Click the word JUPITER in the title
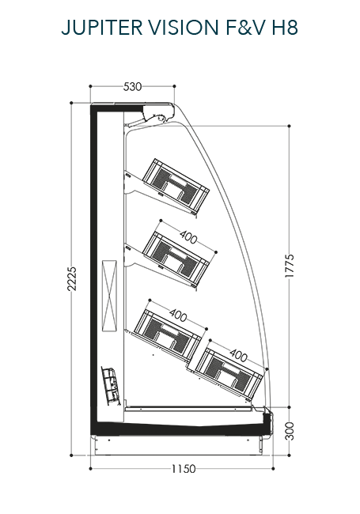[102, 27]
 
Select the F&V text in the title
[245, 27]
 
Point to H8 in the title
[285, 27]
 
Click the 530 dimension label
[132, 86]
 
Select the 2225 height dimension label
[71, 279]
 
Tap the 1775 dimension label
[290, 266]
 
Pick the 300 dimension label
[290, 431]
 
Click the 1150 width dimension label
[184, 469]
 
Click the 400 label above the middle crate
[188, 236]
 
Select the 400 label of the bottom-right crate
[238, 355]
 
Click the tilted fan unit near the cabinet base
[111, 386]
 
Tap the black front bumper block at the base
[268, 422]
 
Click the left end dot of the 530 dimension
[90, 86]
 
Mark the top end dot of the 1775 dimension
[289, 126]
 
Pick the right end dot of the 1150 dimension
[273, 469]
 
